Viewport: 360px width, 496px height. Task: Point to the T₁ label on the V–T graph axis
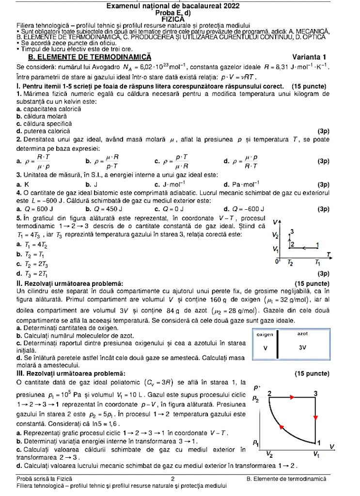[317, 263]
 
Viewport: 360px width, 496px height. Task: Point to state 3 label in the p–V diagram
[316, 393]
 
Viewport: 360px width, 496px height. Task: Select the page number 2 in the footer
[173, 479]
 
